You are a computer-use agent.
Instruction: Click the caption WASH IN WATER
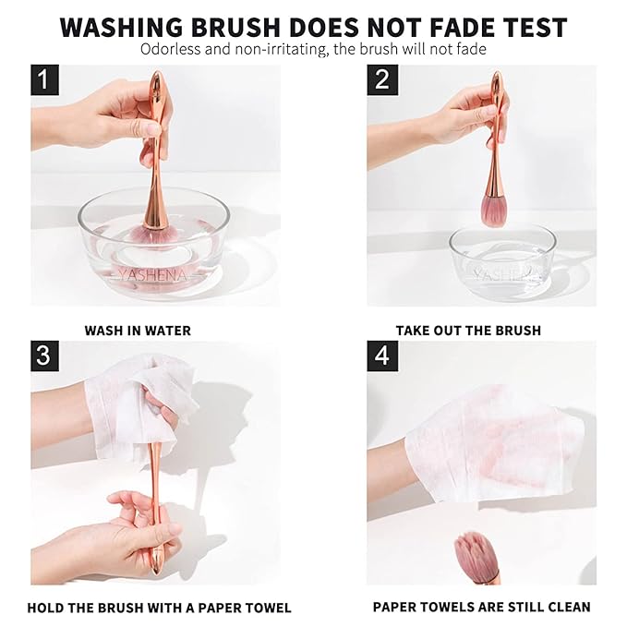(x=138, y=330)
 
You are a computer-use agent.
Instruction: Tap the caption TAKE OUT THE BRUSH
(x=468, y=330)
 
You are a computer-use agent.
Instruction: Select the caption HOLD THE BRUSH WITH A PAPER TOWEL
(x=159, y=607)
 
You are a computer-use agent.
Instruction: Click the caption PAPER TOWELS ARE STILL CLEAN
(x=481, y=607)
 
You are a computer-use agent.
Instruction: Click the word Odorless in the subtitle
(x=170, y=49)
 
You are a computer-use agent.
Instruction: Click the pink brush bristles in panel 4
(x=476, y=555)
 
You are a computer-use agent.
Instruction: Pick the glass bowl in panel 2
(x=502, y=263)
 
